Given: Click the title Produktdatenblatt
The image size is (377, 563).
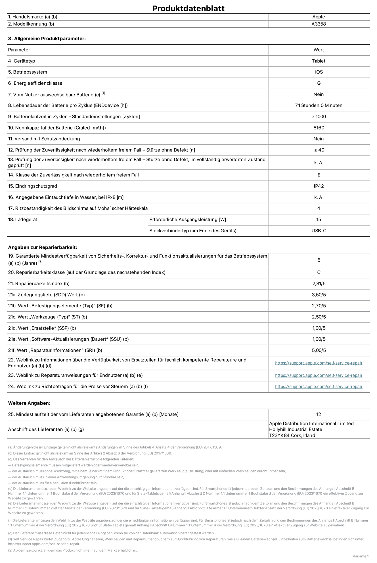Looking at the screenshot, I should click(x=188, y=8).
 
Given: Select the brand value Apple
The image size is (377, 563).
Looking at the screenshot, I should click(x=319, y=17).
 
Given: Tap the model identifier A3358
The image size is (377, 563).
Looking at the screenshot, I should click(x=319, y=24).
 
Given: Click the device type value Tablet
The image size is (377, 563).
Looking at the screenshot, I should click(x=319, y=61).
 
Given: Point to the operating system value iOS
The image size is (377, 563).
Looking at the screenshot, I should click(x=319, y=72).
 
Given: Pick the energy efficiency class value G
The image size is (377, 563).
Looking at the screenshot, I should click(x=319, y=83).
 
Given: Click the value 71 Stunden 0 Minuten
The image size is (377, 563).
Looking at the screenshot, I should click(x=319, y=105).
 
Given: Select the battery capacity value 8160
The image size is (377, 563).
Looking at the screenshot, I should click(x=319, y=128).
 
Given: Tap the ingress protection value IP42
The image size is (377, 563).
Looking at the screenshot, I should click(x=319, y=186).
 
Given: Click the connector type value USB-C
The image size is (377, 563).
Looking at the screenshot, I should click(x=319, y=231).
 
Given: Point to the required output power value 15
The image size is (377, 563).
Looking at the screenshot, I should click(x=319, y=220).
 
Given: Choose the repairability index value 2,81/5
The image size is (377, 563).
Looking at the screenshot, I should click(x=319, y=283).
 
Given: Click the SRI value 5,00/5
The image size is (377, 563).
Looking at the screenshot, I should click(x=319, y=350).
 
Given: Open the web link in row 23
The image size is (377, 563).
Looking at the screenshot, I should click(x=319, y=375).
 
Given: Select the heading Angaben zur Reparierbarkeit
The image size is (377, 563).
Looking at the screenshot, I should click(x=43, y=247).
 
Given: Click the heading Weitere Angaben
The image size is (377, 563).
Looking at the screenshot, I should click(x=29, y=403).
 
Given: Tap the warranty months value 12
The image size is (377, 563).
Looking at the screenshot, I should click(x=319, y=414).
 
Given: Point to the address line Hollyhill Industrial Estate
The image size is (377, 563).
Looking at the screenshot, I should click(x=296, y=429).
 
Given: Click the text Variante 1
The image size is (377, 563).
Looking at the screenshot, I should click(x=361, y=556).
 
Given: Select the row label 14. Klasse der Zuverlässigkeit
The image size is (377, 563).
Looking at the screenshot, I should click(x=73, y=175).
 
